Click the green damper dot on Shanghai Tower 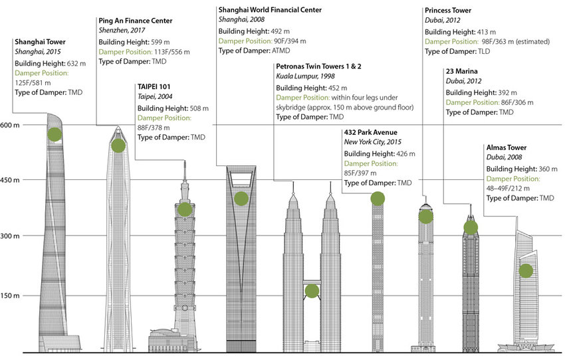[x=55, y=135]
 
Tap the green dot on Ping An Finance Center [x=118, y=146]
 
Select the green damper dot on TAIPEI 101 [x=185, y=209]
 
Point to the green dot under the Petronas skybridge [x=312, y=291]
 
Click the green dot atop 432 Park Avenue [x=378, y=199]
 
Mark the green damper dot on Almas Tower [x=526, y=271]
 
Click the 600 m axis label [x=10, y=126]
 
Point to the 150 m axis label [x=10, y=296]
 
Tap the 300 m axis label [x=10, y=236]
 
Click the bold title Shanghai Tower [x=40, y=42]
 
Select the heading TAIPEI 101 [x=154, y=87]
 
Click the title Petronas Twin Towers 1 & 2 [x=318, y=66]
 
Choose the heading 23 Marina [x=461, y=71]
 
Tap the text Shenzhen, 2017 [x=122, y=31]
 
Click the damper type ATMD [x=281, y=50]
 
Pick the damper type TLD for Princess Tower [x=484, y=52]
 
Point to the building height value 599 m [x=160, y=42]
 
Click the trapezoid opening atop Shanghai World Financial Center [x=241, y=174]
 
